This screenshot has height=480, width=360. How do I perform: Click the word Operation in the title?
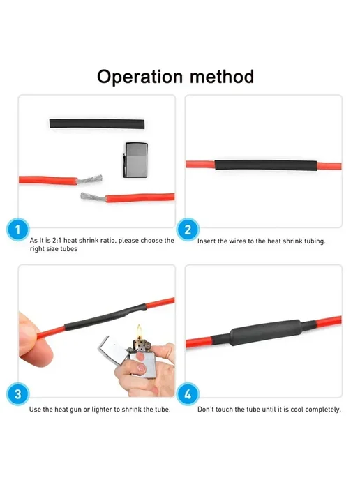pos(140,77)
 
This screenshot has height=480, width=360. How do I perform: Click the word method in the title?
pos(222,76)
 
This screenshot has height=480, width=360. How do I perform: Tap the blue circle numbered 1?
pos(17,230)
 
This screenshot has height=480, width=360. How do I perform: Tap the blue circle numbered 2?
pos(188,230)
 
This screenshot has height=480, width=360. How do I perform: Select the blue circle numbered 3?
pos(17,394)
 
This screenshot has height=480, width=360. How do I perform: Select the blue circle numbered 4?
pos(188,394)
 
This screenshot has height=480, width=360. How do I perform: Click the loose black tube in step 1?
pos(97,123)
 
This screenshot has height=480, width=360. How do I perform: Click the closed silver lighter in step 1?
pos(135,160)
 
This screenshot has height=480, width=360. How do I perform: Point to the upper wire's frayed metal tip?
pos(89,179)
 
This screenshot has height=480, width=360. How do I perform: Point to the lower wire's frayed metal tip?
pos(93,197)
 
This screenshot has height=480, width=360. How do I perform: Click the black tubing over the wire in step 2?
pos(266,165)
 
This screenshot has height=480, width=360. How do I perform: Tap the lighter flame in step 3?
pos(140,331)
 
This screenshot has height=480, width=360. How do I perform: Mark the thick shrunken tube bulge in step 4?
pos(266,332)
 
